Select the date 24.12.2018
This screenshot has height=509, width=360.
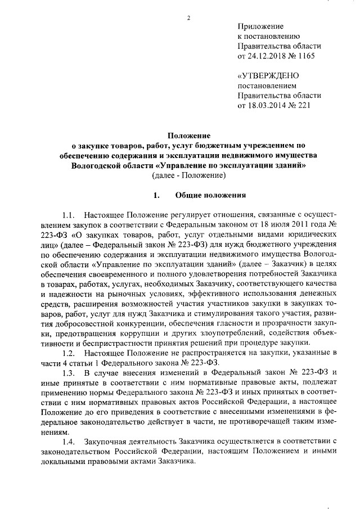point(268,57)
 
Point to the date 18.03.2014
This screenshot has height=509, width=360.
point(268,106)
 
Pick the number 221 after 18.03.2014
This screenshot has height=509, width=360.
point(304,106)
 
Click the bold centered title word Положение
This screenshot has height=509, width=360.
point(189,136)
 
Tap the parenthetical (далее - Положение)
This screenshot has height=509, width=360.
point(189,176)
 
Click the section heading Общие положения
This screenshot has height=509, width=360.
point(211,196)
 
